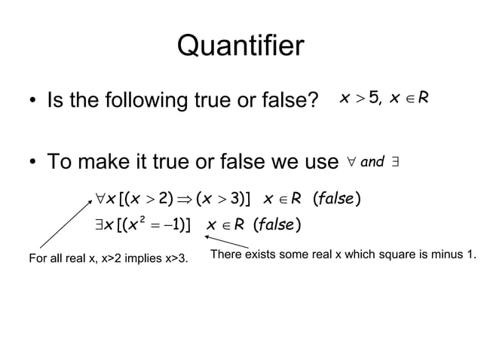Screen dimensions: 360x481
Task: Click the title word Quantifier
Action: pyautogui.click(x=240, y=47)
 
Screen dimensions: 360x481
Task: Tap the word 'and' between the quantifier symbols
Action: pyautogui.click(x=372, y=160)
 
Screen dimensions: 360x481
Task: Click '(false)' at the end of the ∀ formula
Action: pyautogui.click(x=335, y=199)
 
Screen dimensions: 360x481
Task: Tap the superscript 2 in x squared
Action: pyautogui.click(x=140, y=217)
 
